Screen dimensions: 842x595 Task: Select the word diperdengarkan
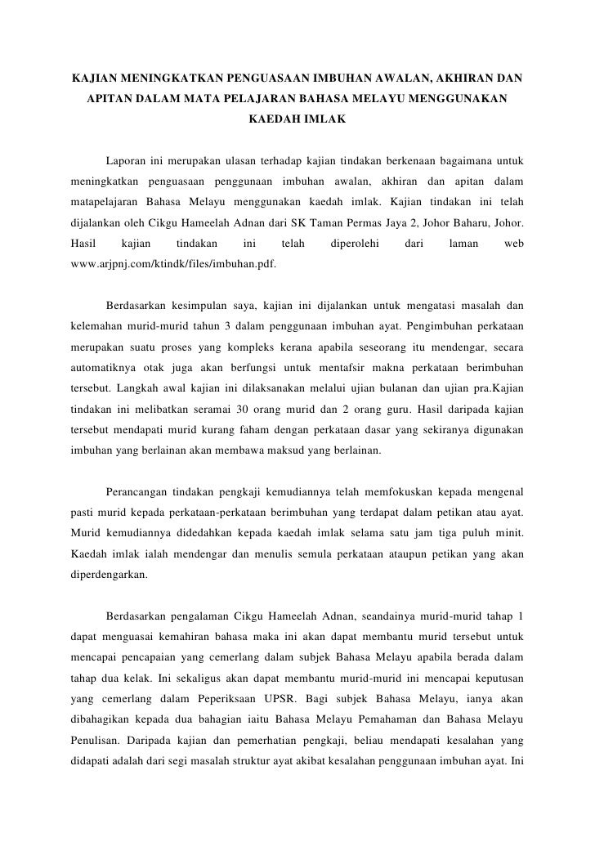(x=110, y=574)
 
